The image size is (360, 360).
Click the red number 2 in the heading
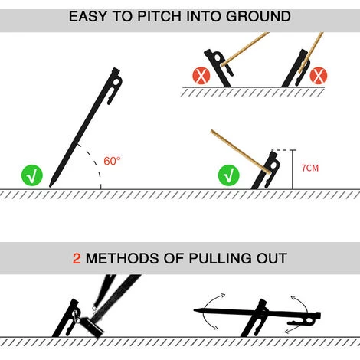[77, 258]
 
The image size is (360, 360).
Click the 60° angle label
[112, 161]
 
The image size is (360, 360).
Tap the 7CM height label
[310, 169]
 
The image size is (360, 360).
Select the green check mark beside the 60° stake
[32, 175]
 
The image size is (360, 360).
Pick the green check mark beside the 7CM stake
[229, 175]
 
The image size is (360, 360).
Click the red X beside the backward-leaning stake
[201, 76]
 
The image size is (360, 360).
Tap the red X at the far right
[318, 76]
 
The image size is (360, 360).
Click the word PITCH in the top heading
[159, 16]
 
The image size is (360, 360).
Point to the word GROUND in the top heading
[258, 16]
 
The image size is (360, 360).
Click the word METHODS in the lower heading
[123, 258]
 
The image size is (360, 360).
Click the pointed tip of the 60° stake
[51, 186]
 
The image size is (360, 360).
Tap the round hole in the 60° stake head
[116, 83]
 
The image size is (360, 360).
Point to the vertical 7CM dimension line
[293, 169]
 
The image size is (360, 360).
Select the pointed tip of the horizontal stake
[195, 310]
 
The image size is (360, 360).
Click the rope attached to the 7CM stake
[241, 152]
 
